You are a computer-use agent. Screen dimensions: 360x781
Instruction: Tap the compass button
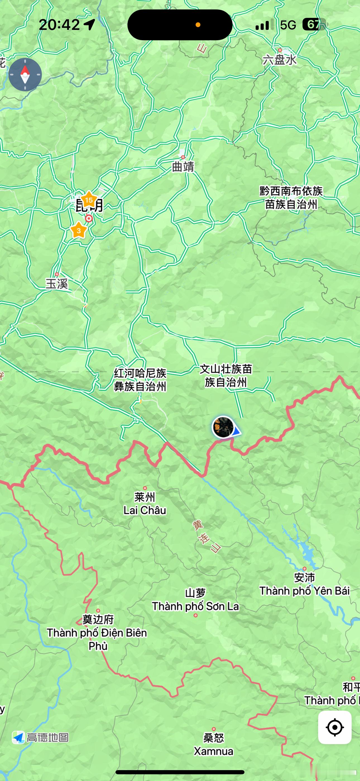25,75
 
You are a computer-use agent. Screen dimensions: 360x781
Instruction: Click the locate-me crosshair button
335,727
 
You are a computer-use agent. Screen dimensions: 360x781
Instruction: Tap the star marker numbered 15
89,200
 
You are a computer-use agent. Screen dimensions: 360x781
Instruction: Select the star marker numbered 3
78,230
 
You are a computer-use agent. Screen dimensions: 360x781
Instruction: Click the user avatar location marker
223,427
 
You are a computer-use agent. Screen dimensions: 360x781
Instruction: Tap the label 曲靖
183,166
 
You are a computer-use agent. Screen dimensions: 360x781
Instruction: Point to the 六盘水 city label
279,60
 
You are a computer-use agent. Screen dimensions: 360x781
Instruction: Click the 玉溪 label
57,284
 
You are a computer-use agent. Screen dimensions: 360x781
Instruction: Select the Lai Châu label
145,510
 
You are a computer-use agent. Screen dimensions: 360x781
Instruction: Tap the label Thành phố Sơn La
195,606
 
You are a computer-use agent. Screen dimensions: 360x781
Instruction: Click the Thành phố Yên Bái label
304,590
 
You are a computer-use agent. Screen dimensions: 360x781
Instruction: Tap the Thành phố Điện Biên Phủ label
97,639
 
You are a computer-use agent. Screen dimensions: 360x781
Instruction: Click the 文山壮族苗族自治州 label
226,376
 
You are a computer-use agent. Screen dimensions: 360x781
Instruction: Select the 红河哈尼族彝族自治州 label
140,380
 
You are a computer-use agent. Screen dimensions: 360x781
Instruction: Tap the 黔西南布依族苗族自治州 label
291,198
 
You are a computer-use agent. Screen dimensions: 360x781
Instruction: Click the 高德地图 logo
40,737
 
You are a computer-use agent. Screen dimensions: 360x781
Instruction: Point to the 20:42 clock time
59,25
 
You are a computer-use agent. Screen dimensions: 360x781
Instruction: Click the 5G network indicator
288,25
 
